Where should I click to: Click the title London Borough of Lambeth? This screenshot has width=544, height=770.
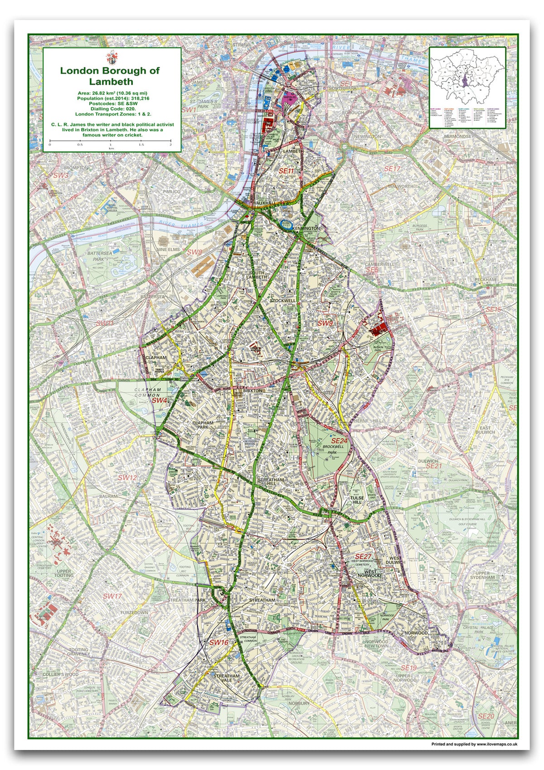point(110,76)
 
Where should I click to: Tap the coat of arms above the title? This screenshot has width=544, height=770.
point(111,58)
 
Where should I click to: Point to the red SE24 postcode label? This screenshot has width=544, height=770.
point(339,441)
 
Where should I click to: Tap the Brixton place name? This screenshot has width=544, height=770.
point(253,390)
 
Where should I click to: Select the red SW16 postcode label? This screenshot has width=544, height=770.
point(219,642)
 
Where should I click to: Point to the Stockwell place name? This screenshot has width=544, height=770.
point(282,301)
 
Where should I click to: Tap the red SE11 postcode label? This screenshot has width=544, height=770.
point(286,171)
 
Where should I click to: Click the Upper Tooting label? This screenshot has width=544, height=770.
point(63,573)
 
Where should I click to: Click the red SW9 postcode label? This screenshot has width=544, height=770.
point(325,323)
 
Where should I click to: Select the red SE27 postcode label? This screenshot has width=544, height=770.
point(363,556)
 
